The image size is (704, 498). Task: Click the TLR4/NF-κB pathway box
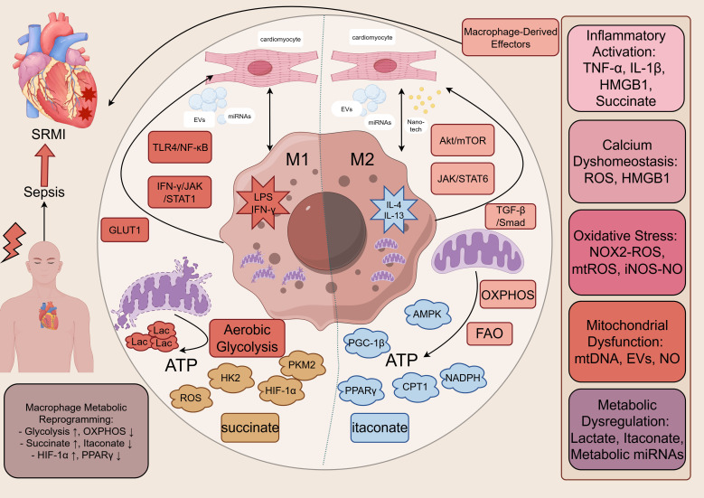coord(180,146)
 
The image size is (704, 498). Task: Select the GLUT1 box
coord(125,230)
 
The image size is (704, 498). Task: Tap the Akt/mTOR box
coord(463,140)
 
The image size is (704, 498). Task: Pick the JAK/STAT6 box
coord(463,178)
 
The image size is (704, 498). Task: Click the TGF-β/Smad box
coord(511,216)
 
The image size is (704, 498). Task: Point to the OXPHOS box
coord(508,295)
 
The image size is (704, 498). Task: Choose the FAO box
coord(490,334)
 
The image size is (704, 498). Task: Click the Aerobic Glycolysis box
coord(247,338)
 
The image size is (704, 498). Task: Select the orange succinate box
coord(250,428)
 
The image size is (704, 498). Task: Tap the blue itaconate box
coord(380,428)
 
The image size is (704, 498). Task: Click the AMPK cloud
coord(427,314)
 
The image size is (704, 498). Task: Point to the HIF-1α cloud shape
coord(281,390)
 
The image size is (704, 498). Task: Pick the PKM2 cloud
coord(302,364)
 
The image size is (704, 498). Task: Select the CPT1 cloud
coord(415,386)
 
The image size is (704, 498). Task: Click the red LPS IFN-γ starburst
coord(263,203)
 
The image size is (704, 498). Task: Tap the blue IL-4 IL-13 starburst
coord(394,210)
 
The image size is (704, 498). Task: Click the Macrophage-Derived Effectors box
coord(511,37)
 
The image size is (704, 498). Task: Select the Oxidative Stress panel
coord(627,252)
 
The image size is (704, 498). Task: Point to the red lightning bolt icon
coord(14,241)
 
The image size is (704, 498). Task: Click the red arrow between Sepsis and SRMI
coord(45,166)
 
